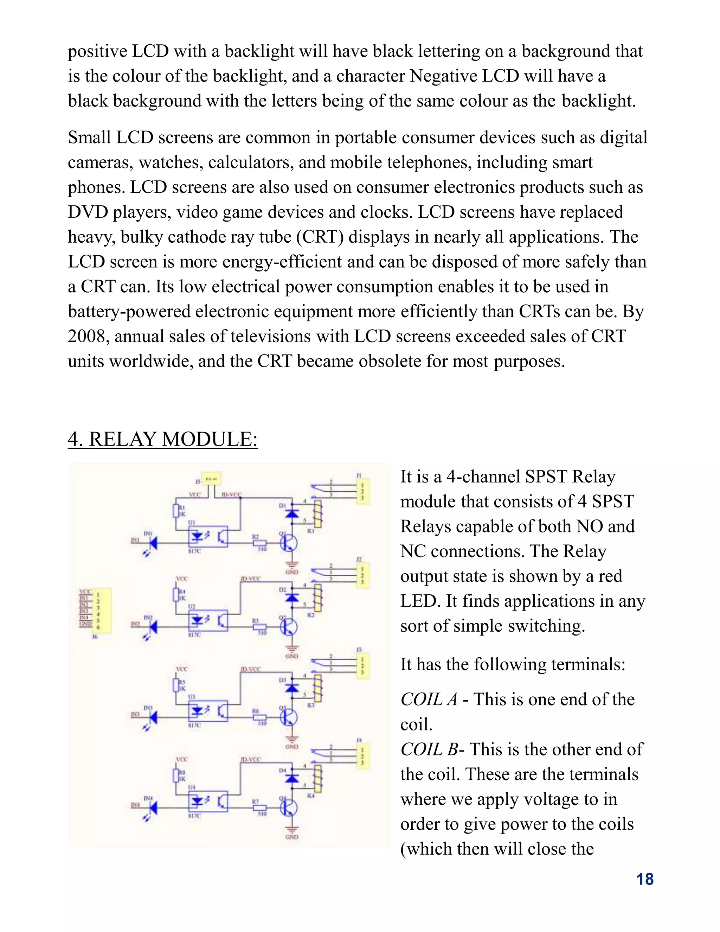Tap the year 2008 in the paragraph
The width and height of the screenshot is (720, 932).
(x=86, y=336)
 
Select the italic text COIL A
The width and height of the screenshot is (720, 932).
(x=429, y=700)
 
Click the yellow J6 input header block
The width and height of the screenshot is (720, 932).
(x=102, y=610)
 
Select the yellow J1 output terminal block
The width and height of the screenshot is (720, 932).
(x=362, y=491)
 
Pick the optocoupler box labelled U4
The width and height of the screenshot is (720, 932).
(x=208, y=802)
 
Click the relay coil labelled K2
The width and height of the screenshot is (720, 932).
(x=318, y=598)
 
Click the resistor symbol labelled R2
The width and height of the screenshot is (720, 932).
(x=259, y=543)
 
